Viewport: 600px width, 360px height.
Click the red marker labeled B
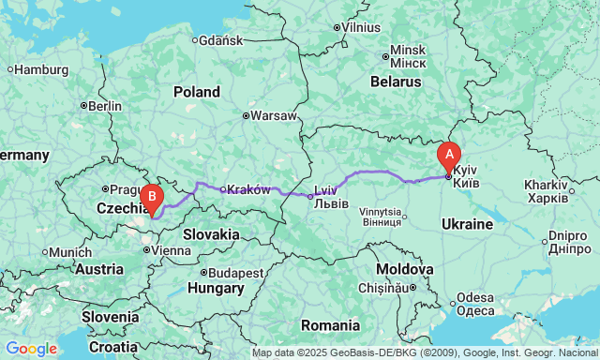point(152,197)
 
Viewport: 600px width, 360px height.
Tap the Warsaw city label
point(274,116)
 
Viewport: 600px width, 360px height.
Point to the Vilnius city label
point(361,27)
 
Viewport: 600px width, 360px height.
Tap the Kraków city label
point(248,189)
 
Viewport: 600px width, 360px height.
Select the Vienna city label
point(169,250)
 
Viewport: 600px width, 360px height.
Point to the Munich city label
point(69,252)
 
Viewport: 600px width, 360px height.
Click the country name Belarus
point(395,82)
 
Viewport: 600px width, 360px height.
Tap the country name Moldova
point(406,268)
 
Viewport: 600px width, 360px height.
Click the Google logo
point(31,348)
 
